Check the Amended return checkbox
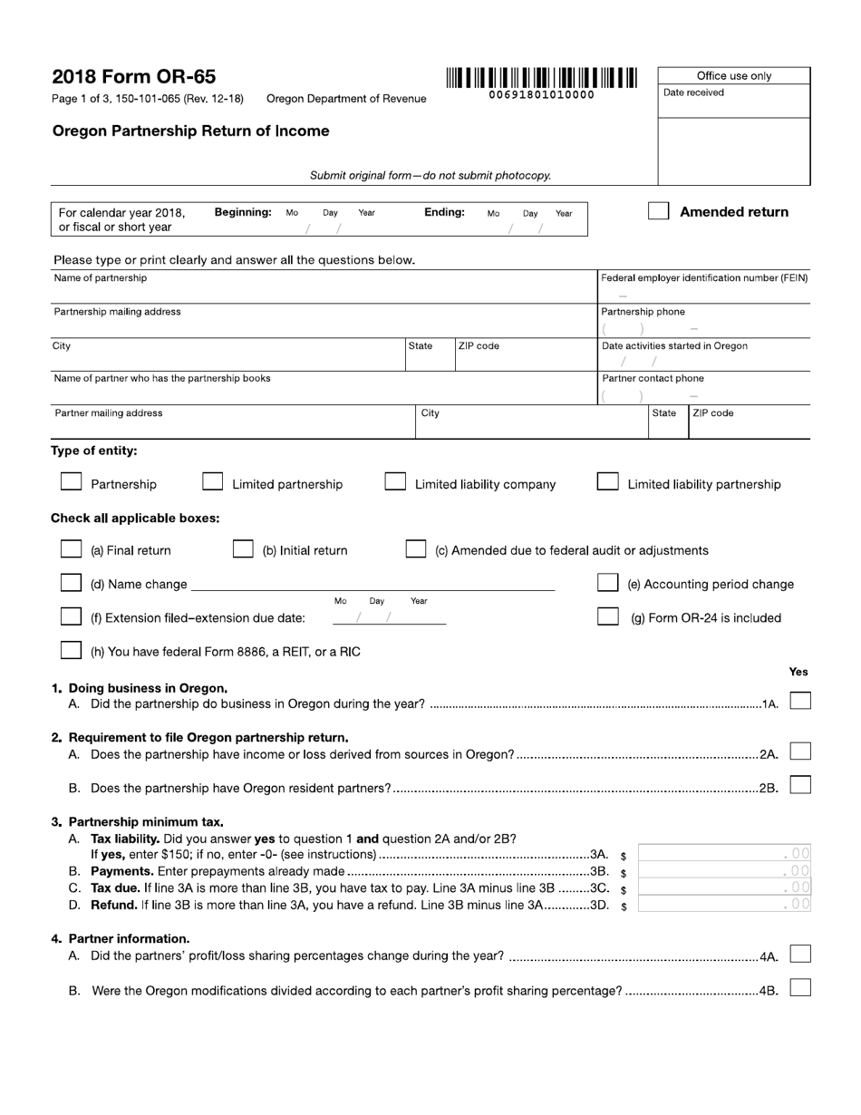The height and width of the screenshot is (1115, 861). tap(659, 211)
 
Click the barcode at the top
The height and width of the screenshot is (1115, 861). tap(541, 79)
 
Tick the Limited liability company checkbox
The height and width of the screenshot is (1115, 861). tap(395, 482)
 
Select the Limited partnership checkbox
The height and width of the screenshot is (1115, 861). tap(212, 482)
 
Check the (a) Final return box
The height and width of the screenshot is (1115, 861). tap(71, 549)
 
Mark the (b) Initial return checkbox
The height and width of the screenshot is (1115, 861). tap(243, 549)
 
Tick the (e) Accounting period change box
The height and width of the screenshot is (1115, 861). tap(608, 583)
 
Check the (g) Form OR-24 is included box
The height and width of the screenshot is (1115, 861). tap(608, 616)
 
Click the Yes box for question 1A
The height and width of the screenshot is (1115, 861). tap(800, 702)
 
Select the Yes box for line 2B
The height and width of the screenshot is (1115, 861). tap(800, 786)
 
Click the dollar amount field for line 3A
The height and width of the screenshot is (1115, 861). tap(724, 854)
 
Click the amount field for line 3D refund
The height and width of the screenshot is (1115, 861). tap(724, 904)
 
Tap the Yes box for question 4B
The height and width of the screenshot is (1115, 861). tap(800, 989)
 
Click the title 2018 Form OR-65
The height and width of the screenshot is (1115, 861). tap(134, 77)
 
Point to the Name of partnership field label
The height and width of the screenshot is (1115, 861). tap(101, 278)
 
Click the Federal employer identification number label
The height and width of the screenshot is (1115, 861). tap(704, 278)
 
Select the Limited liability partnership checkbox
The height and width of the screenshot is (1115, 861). tap(608, 482)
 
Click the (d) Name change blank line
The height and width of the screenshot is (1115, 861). tap(372, 586)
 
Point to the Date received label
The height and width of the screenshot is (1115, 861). tap(693, 92)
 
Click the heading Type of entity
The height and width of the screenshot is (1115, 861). tap(94, 451)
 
